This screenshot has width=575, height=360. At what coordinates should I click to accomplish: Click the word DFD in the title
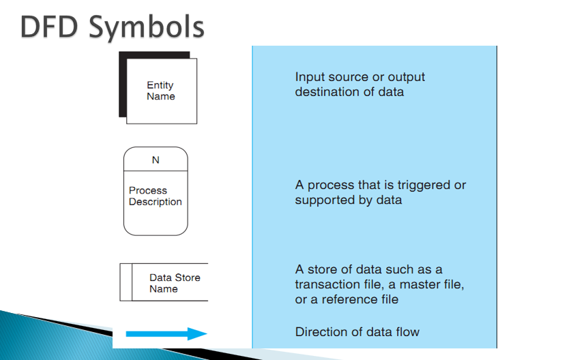pos(49,27)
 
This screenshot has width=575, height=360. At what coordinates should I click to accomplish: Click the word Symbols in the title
pos(147,28)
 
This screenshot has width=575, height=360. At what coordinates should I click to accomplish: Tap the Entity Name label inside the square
pos(160,91)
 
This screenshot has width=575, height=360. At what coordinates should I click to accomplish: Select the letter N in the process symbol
pos(156,160)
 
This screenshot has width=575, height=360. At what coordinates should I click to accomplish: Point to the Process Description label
pos(155,196)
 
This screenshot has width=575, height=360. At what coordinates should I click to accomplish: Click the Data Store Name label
pos(175,283)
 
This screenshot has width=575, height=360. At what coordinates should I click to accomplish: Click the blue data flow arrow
pos(166,334)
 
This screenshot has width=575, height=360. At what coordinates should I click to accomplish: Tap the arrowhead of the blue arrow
pos(197,334)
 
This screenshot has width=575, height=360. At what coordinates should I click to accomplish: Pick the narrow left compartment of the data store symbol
pos(126,282)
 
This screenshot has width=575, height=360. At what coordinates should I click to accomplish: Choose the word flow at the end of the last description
pos(407,332)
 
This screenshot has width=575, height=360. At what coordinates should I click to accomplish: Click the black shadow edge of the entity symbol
pos(123,85)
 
